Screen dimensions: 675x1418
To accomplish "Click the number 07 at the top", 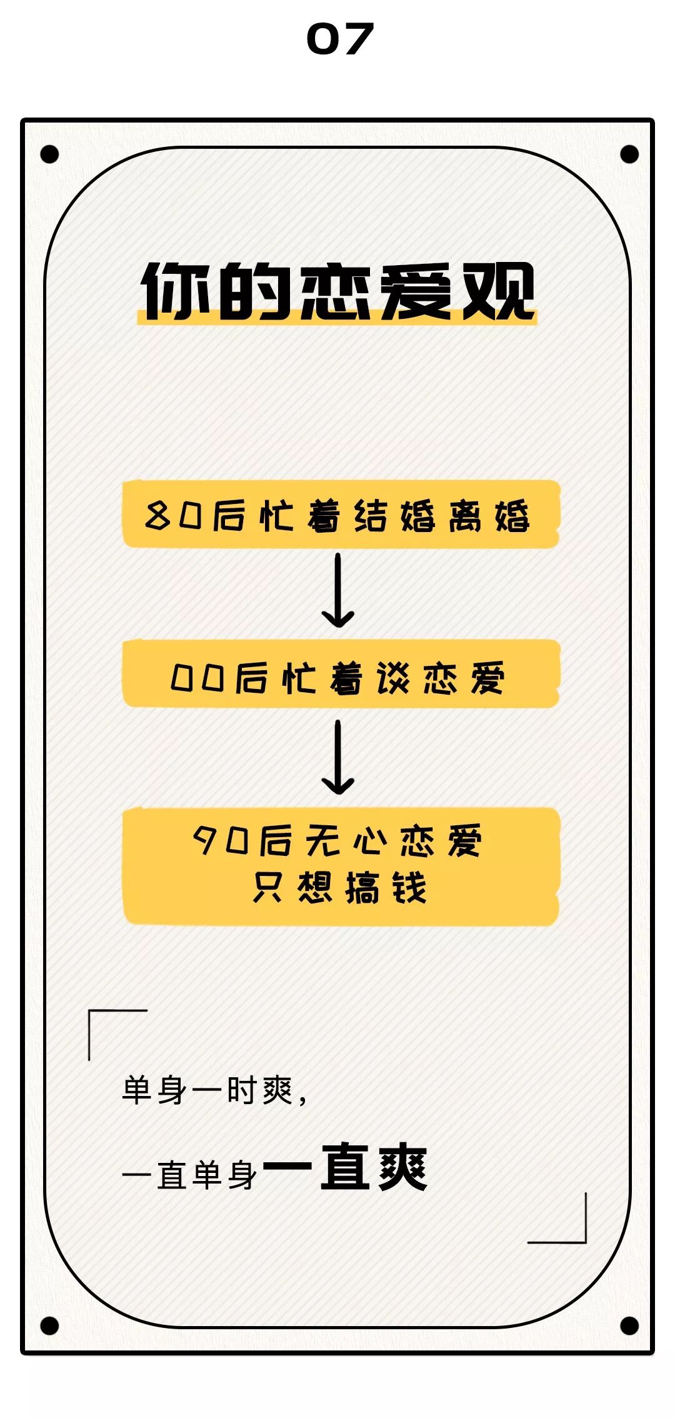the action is pyautogui.click(x=340, y=39).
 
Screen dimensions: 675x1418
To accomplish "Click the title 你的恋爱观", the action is pyautogui.click(x=337, y=291).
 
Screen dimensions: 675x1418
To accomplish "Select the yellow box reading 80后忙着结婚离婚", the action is pyautogui.click(x=341, y=514).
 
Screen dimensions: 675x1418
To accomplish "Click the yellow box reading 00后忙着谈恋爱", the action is pyautogui.click(x=341, y=674).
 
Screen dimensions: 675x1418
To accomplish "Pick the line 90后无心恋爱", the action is pyautogui.click(x=337, y=840).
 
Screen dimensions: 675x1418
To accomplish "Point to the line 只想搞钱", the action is pyautogui.click(x=340, y=888).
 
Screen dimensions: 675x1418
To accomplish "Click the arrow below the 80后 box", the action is pyautogui.click(x=338, y=591).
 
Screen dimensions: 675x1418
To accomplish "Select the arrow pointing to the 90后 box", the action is pyautogui.click(x=338, y=758).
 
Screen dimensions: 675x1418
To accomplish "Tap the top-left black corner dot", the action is pyautogui.click(x=49, y=154).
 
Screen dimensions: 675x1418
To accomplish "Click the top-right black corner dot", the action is pyautogui.click(x=629, y=154).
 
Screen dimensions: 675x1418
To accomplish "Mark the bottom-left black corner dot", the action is pyautogui.click(x=49, y=1325).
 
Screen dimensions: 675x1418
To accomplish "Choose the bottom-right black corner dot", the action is pyautogui.click(x=629, y=1325).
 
